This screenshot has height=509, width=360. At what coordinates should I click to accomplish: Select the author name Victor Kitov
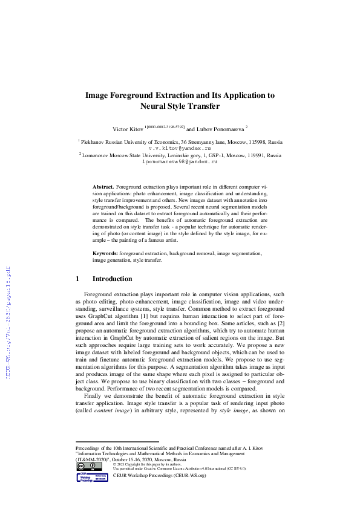[129, 129]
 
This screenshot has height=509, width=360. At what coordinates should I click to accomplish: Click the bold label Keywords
[105, 254]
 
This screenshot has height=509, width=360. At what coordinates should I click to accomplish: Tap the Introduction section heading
[112, 279]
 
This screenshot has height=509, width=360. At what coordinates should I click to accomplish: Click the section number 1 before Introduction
[77, 279]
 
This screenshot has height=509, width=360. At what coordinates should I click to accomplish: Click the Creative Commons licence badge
[85, 466]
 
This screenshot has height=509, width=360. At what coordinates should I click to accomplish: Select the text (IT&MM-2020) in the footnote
[93, 459]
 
